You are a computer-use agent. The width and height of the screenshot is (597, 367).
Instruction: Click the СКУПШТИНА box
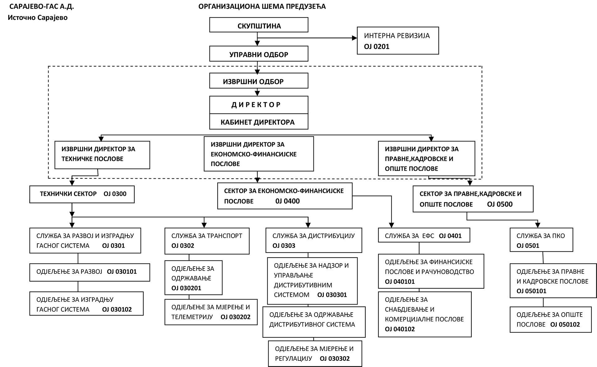(x=259, y=25)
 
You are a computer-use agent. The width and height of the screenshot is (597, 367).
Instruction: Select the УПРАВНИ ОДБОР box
(x=259, y=54)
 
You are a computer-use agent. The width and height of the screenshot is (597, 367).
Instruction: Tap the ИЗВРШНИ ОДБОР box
(x=259, y=81)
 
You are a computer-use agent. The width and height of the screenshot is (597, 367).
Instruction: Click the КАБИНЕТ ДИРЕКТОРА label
(x=257, y=122)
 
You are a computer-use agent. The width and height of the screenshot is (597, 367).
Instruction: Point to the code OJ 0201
(x=377, y=47)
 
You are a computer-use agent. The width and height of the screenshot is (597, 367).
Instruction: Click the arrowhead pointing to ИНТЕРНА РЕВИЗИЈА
(x=354, y=38)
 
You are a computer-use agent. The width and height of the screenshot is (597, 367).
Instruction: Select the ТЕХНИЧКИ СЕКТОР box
(x=82, y=194)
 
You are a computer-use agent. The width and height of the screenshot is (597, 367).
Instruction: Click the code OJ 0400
(x=288, y=201)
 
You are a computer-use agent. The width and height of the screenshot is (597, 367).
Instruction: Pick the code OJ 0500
(x=500, y=204)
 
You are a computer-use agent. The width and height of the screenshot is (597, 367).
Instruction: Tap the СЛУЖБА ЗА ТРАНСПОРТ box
(x=207, y=241)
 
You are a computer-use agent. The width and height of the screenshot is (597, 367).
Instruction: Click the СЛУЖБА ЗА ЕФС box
(x=424, y=235)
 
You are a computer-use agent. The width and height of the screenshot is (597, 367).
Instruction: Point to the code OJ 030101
(x=122, y=272)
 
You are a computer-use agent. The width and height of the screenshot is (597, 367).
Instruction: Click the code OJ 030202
(x=235, y=317)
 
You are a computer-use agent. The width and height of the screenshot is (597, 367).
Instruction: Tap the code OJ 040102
(x=400, y=329)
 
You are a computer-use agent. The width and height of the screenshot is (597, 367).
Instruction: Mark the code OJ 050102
(x=565, y=324)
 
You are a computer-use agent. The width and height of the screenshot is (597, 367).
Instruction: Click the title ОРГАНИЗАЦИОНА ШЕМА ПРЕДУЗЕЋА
(x=262, y=7)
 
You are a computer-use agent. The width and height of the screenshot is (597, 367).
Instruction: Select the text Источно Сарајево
(x=38, y=18)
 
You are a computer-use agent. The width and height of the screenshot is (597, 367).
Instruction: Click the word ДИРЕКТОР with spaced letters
(x=256, y=105)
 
